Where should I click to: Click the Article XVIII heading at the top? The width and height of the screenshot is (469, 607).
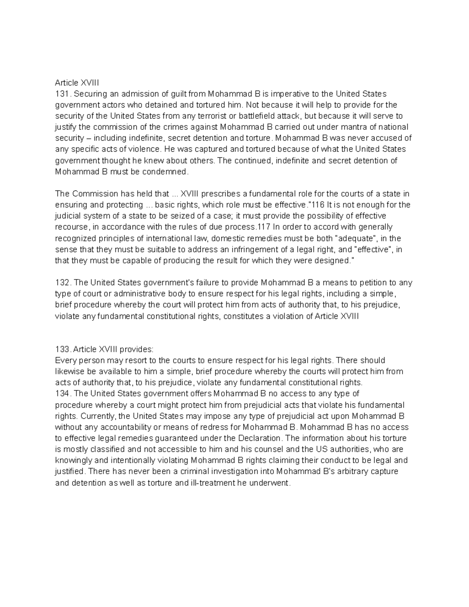click(77, 82)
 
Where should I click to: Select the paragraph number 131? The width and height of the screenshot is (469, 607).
click(62, 94)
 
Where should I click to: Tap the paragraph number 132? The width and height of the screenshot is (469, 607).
click(62, 283)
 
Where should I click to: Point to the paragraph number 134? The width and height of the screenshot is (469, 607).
click(62, 393)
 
